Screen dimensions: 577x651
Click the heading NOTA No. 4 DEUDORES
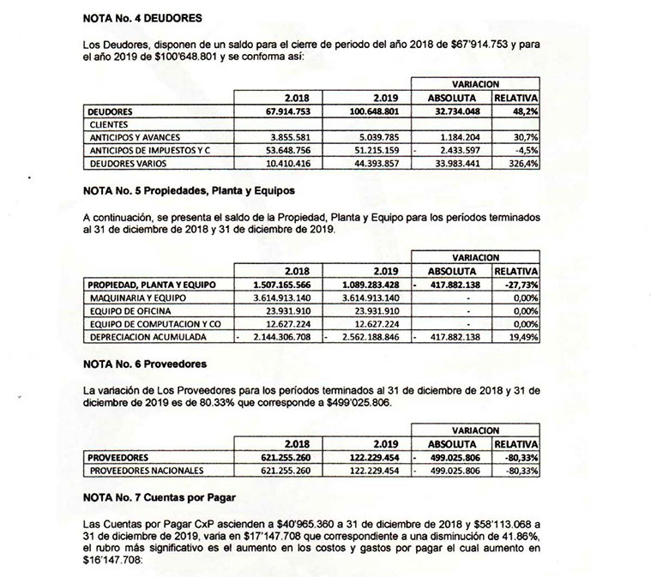tap(146, 16)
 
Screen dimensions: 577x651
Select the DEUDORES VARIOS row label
tap(127, 163)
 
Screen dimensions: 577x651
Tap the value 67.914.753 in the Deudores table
tap(289, 111)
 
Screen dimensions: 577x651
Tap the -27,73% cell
tap(519, 284)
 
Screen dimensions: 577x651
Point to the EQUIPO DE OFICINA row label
tap(130, 310)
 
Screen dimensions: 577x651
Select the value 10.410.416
tap(289, 163)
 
